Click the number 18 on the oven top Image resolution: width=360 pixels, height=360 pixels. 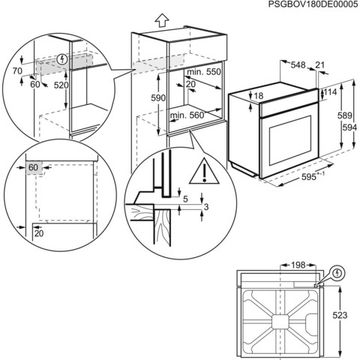tap(259, 95)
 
